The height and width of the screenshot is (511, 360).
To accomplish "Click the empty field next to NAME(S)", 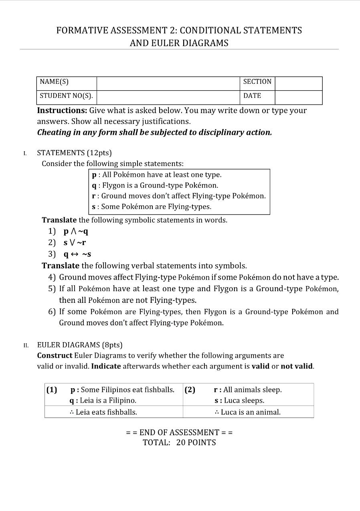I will (x=168, y=83).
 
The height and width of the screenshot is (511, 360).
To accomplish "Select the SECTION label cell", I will (x=257, y=82).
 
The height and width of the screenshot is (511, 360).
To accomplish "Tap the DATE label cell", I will (x=252, y=96).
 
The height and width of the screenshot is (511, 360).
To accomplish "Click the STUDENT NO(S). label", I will (x=66, y=96).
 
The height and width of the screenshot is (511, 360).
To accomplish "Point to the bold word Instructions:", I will (x=62, y=111).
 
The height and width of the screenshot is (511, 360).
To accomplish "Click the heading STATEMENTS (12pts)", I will (x=74, y=153).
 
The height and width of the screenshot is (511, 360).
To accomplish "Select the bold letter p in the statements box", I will (x=94, y=175).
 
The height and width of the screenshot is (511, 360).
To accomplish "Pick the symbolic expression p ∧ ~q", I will (x=76, y=231).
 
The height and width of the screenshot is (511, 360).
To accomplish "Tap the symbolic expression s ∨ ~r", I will (x=75, y=243).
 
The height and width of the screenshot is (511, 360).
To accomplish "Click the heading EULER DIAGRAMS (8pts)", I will (x=80, y=345).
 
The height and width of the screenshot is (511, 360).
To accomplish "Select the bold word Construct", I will (x=55, y=356).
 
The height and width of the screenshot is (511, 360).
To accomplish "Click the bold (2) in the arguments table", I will (x=190, y=390).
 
